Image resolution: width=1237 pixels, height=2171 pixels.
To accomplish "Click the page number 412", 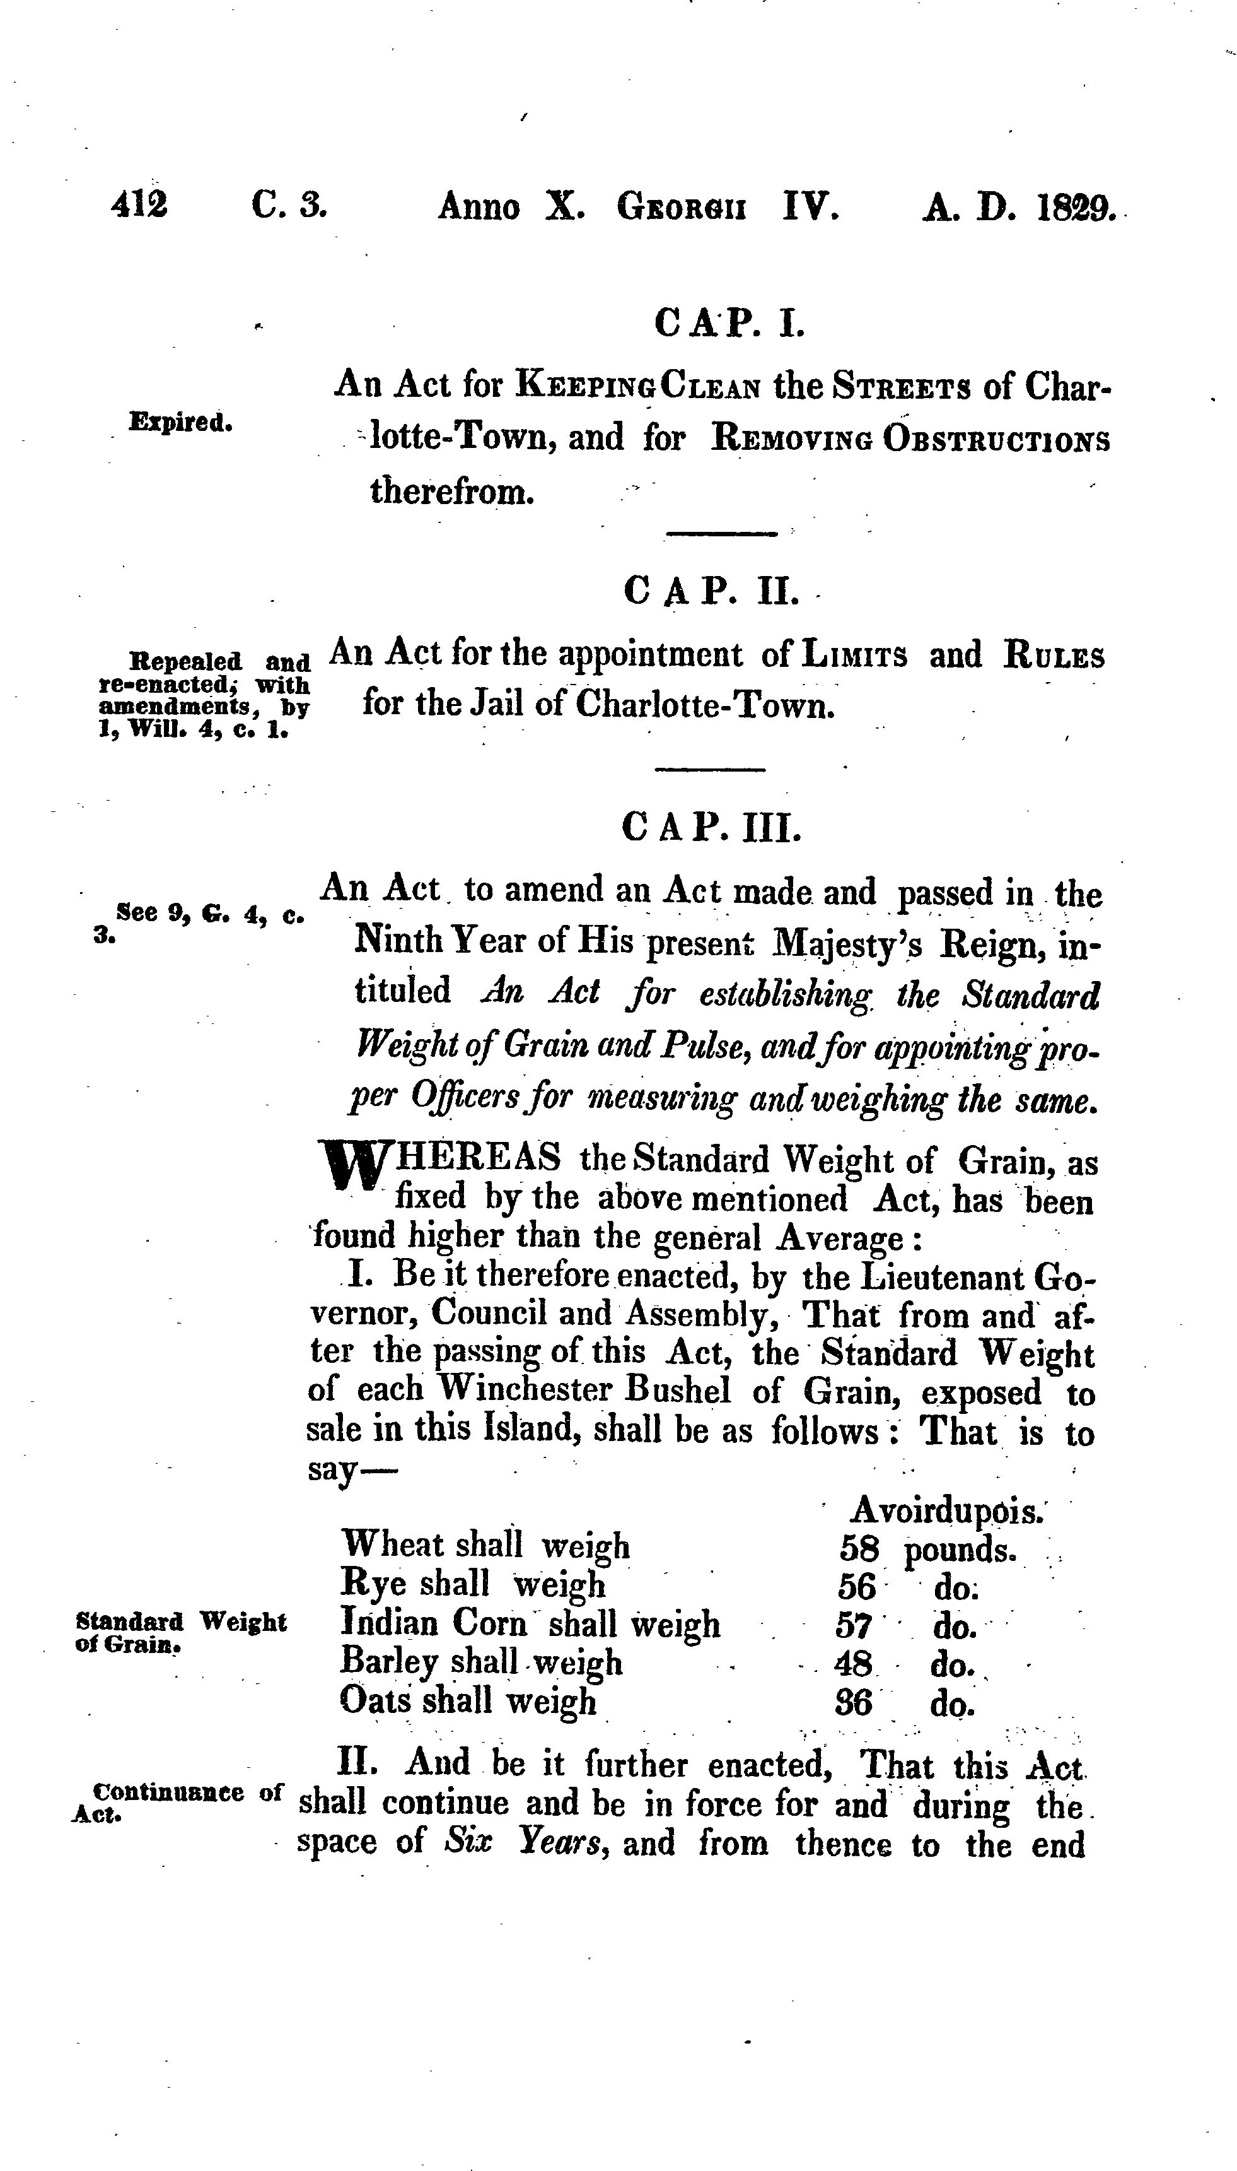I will pos(139,205).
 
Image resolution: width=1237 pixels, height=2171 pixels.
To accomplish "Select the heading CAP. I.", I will pos(729,324).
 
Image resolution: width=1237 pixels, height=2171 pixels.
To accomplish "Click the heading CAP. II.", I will pos(711,590).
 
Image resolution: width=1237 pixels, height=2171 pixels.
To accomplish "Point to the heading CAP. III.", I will pos(711,827).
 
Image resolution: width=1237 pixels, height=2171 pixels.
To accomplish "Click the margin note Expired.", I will pos(180,423).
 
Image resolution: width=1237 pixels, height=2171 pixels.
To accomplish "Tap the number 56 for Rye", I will pos(856,1587).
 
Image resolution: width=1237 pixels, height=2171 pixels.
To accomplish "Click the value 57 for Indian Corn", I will pos(854,1626).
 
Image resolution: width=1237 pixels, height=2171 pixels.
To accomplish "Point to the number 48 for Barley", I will pos(854,1664).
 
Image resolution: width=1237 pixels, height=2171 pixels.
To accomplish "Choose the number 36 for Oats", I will pos(854,1702).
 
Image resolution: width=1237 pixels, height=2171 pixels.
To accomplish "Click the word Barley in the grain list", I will pos(389,1662).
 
